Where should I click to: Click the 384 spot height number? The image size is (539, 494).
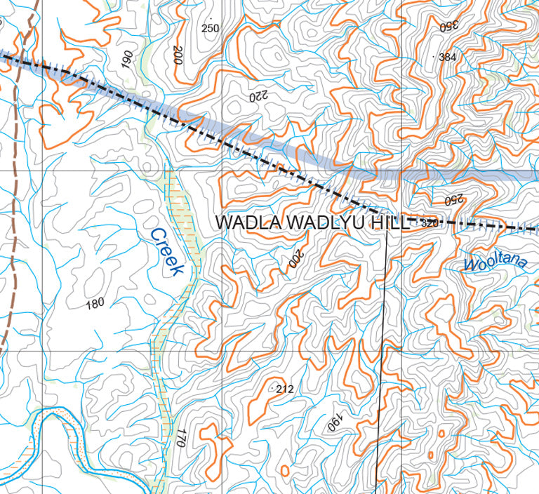[x=447, y=57]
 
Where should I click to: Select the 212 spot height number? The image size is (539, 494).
[x=284, y=389]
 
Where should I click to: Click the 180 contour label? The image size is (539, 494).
[x=95, y=304]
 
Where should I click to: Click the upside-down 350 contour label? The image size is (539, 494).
[x=448, y=26]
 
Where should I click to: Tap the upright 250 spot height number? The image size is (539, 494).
[x=210, y=28]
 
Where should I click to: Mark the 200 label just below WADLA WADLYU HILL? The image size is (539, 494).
[x=295, y=260]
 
